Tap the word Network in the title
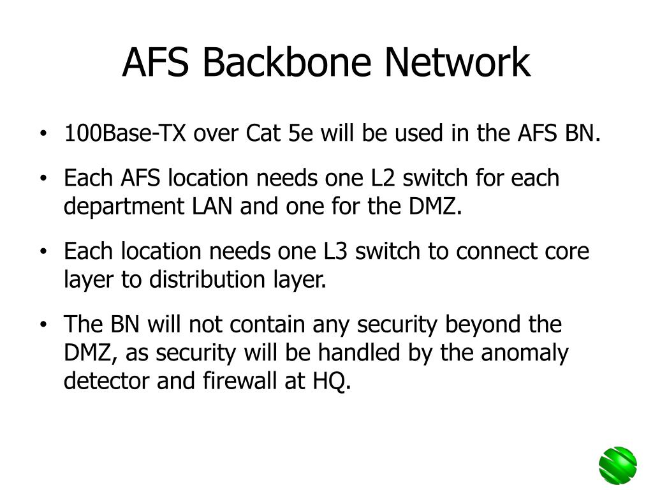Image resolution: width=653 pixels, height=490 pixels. tap(457, 63)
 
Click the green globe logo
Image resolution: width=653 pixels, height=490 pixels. tap(617, 465)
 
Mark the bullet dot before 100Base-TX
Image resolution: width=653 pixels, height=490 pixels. tap(43, 135)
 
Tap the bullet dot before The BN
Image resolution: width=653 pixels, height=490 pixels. tap(43, 325)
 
